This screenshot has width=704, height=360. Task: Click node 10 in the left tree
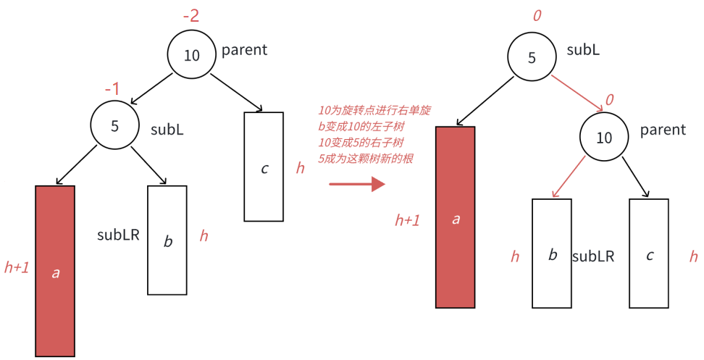point(192,56)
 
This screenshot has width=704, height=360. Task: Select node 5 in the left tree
point(114,125)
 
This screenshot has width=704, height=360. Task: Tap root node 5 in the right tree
point(532,58)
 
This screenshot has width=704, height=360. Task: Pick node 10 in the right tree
point(604,137)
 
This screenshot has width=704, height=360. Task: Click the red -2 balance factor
point(190,16)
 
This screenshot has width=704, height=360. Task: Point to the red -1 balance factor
point(112,88)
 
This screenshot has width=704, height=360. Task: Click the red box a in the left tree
point(55,271)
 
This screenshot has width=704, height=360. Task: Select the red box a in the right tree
point(455,217)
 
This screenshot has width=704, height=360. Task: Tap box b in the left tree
point(167,240)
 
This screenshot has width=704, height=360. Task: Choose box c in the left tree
point(264,166)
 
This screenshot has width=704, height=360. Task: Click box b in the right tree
point(552,253)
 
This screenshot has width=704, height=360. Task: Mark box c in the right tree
point(649,253)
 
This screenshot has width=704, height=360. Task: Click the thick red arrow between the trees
point(356,184)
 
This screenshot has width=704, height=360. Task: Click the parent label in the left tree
point(244,50)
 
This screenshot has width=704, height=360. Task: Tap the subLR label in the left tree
point(118,235)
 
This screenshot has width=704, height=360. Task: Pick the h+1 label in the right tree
point(407,220)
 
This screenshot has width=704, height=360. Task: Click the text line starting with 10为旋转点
point(374,111)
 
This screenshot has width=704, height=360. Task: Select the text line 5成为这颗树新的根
point(365,159)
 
